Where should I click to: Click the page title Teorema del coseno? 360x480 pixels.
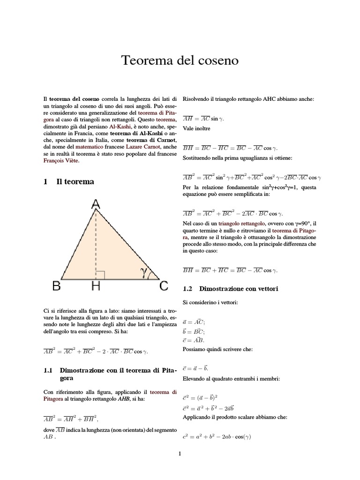(x=180, y=60)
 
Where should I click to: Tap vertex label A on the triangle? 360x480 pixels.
(x=96, y=204)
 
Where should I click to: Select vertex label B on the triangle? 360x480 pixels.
(x=56, y=286)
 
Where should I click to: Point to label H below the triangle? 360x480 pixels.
(x=96, y=286)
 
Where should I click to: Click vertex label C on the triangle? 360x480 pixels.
(x=164, y=286)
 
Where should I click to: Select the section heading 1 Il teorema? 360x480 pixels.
(x=68, y=181)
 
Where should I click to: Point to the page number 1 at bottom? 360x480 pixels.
(x=180, y=453)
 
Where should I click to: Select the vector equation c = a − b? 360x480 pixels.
(x=195, y=368)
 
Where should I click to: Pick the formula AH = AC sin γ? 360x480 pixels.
(x=203, y=119)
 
